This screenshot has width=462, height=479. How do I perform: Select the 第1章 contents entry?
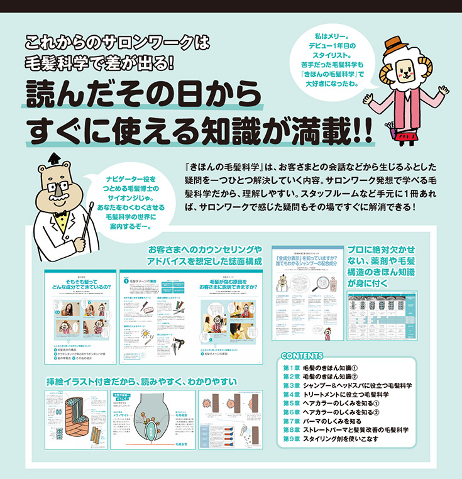coord(321,367)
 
